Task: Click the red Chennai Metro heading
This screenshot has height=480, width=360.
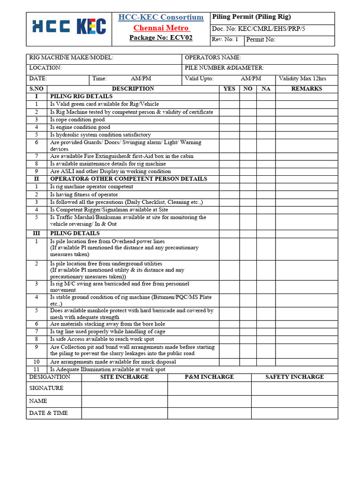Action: [x=161, y=28]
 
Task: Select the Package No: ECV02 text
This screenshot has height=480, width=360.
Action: [x=161, y=37]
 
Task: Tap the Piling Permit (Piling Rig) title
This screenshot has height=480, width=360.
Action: [x=251, y=17]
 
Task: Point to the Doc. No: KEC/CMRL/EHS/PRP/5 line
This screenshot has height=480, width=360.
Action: [x=259, y=29]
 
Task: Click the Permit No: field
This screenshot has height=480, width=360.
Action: [x=289, y=40]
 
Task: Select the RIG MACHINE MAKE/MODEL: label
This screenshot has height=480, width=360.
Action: [x=71, y=58]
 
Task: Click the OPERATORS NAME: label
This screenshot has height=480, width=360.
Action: [x=213, y=58]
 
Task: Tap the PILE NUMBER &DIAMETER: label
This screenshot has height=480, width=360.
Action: [x=225, y=68]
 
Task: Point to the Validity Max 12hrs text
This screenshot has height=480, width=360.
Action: [x=302, y=79]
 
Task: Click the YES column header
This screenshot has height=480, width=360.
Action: [x=229, y=89]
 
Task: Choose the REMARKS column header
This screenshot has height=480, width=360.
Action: [x=306, y=89]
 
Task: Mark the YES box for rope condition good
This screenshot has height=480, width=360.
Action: [x=229, y=120]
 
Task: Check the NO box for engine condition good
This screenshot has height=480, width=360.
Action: [x=248, y=127]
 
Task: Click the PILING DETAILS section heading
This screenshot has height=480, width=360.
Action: [x=75, y=233]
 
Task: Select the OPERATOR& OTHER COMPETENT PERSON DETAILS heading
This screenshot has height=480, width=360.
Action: [x=128, y=179]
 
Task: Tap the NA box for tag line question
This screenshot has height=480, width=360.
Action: [x=266, y=331]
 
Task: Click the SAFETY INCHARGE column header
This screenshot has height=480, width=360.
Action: [x=294, y=377]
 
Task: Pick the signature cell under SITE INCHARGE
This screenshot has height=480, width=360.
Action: [x=124, y=388]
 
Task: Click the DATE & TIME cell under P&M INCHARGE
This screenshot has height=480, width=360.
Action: [x=209, y=413]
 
